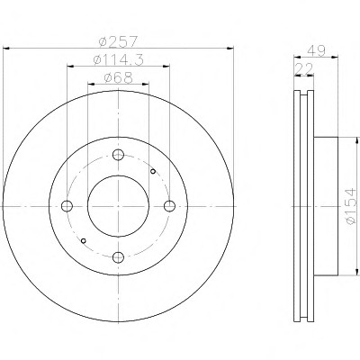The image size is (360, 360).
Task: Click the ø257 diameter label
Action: click(x=118, y=41)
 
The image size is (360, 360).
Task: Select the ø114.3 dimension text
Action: click(x=118, y=59)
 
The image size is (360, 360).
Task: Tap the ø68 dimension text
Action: click(x=118, y=78)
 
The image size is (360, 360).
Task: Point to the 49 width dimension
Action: click(x=316, y=51)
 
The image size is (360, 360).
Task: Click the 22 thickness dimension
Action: click(x=303, y=69)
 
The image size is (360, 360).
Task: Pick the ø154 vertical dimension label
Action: click(x=352, y=206)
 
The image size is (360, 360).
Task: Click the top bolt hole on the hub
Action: click(x=118, y=155)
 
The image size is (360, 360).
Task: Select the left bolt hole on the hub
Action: click(x=67, y=206)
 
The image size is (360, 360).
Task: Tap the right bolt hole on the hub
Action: click(x=170, y=206)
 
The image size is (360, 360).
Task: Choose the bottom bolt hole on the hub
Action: click(x=118, y=257)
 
